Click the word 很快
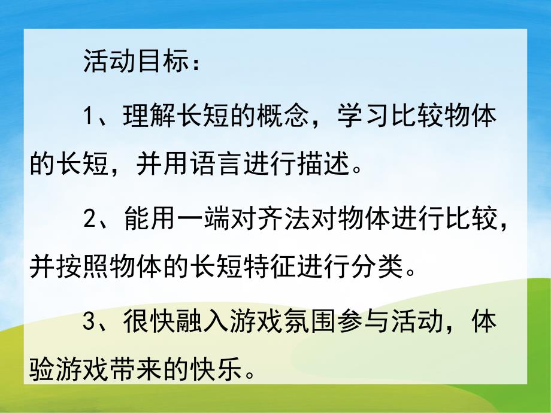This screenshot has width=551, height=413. [x=148, y=323]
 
